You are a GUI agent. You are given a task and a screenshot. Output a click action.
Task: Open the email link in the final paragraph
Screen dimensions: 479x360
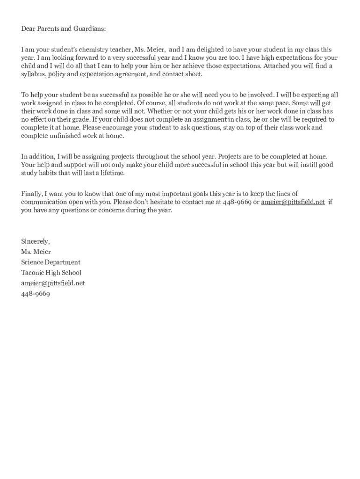click(293, 202)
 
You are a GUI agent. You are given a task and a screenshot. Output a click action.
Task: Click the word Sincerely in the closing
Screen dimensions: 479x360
click(35, 241)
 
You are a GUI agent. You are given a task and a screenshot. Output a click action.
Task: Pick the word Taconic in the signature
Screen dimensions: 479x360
click(32, 273)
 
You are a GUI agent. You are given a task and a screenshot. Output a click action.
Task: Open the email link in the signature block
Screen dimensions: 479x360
click(53, 283)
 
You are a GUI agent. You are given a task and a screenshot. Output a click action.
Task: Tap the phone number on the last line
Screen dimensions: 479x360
click(35, 294)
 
